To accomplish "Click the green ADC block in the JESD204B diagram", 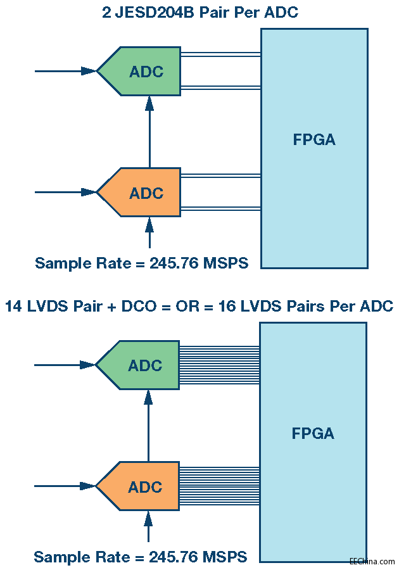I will click(146, 72).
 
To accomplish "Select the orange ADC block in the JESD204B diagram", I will click(146, 193).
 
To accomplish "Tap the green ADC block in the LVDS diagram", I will click(144, 365).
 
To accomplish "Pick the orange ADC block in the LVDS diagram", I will click(144, 487).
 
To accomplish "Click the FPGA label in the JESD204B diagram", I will click(314, 140).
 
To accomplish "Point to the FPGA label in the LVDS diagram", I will click(313, 434).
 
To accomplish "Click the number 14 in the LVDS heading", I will click(16, 307).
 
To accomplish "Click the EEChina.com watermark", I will click(372, 562).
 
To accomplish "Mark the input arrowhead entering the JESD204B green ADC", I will click(89, 71).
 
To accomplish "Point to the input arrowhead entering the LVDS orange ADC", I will click(88, 486).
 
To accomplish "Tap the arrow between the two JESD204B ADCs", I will click(149, 130).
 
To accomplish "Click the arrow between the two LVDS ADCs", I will click(148, 424).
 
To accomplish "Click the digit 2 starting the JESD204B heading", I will click(106, 13).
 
